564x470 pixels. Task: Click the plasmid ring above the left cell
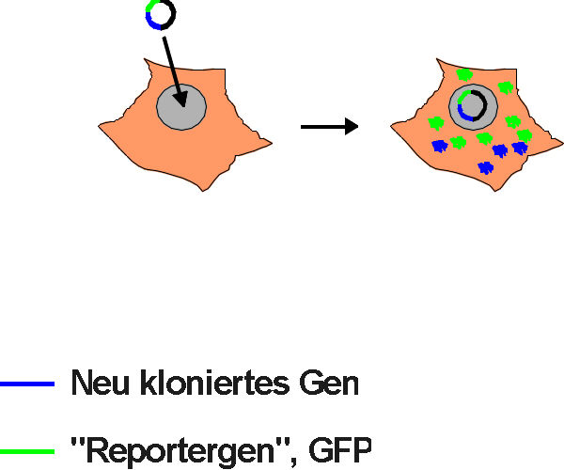160,15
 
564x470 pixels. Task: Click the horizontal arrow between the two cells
329,126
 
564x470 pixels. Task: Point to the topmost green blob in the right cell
464,74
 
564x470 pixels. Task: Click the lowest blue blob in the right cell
485,167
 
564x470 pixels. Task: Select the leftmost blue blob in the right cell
438,145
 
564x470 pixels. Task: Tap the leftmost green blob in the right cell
435,122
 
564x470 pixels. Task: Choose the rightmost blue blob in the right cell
519,149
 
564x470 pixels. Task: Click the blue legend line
28,384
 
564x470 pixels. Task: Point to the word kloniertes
208,384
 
